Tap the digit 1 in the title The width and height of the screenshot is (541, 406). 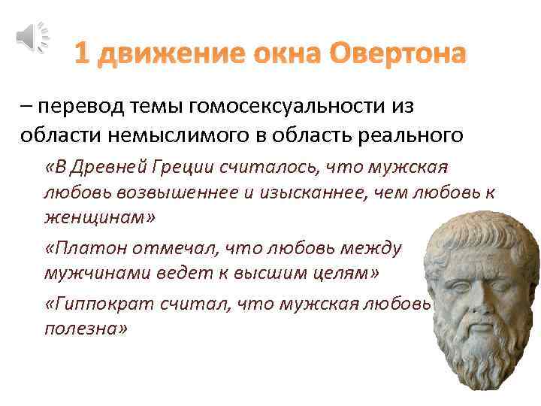pyautogui.click(x=83, y=54)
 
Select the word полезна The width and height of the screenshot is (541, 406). pyautogui.click(x=86, y=330)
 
